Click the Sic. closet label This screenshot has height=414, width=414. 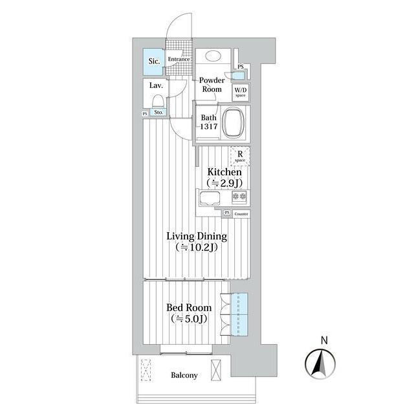pos(154,61)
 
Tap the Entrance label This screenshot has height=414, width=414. pos(179,59)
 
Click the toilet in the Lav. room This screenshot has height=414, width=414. pos(158,101)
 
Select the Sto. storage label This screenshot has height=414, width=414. pos(158,112)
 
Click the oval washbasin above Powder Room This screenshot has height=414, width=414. pos(212,56)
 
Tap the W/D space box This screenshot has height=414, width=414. pos(241,92)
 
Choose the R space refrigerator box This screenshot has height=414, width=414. pos(240,156)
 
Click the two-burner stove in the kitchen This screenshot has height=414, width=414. pos(239,197)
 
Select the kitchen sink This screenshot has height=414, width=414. pos(210,199)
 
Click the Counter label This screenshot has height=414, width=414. pos(241,214)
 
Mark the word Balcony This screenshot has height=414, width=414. pos(184,375)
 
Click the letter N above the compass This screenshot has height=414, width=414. pos(324,340)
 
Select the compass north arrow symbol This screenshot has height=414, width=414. pos(320,364)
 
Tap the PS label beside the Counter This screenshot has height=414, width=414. pos(227,213)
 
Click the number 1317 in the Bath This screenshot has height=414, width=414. pos(208,127)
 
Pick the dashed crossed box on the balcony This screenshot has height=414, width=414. pos(146,370)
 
